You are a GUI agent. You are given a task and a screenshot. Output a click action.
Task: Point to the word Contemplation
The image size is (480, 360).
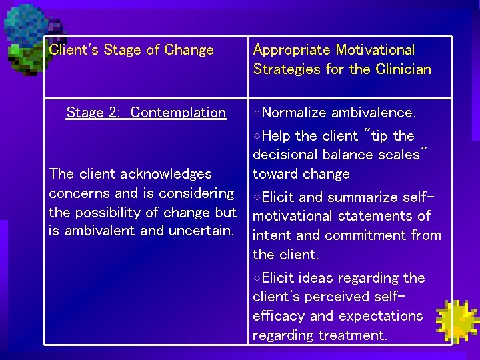(x=178, y=113)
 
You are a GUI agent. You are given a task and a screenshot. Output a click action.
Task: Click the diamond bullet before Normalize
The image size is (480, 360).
(x=257, y=113)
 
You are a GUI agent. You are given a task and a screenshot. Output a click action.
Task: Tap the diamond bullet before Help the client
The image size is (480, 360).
(x=257, y=136)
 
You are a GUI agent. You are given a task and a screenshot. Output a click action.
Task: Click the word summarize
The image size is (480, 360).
(x=361, y=197)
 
